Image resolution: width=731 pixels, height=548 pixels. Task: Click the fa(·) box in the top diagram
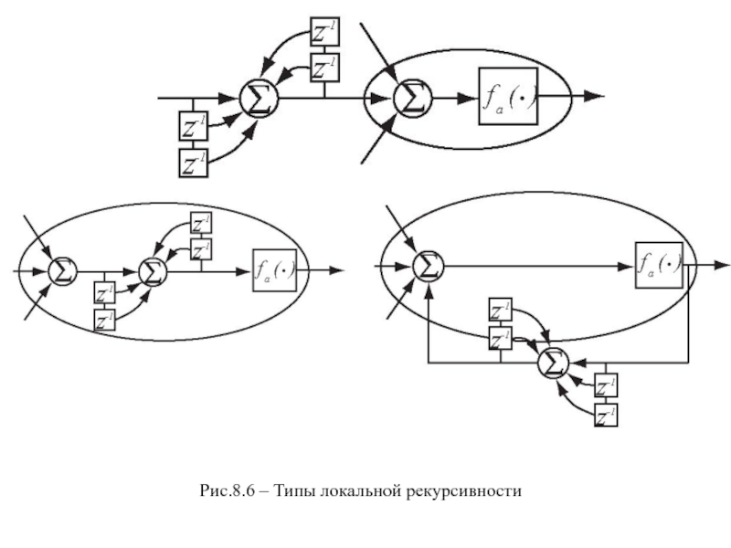click(506, 96)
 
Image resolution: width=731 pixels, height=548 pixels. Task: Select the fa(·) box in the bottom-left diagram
click(276, 269)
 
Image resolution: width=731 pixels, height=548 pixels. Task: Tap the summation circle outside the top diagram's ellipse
click(259, 97)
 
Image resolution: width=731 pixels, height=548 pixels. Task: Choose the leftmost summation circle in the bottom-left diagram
click(63, 270)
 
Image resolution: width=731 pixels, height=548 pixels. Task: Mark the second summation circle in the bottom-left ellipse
click(153, 270)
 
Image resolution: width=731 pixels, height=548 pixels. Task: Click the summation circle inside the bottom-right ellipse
click(427, 265)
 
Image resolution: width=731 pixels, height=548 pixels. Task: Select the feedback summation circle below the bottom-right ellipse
click(551, 364)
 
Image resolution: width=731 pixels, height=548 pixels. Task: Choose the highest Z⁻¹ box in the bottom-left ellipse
click(200, 225)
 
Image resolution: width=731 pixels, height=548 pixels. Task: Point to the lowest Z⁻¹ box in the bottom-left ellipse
click(105, 320)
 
